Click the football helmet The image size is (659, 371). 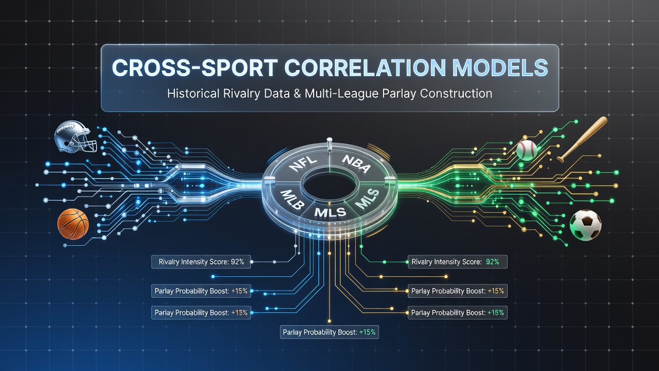(x=76, y=137)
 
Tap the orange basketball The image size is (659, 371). (x=73, y=224)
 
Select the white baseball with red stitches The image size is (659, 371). (x=527, y=150)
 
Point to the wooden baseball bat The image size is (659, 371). (x=582, y=139)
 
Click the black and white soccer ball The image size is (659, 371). (x=585, y=225)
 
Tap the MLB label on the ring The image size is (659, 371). (x=292, y=199)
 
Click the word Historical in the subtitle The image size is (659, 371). (x=193, y=94)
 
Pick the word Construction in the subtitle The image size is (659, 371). (x=456, y=94)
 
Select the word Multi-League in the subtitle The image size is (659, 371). (x=341, y=94)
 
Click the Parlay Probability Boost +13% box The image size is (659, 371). (x=201, y=313)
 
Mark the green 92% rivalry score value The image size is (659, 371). (x=493, y=262)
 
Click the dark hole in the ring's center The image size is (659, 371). (x=331, y=186)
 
